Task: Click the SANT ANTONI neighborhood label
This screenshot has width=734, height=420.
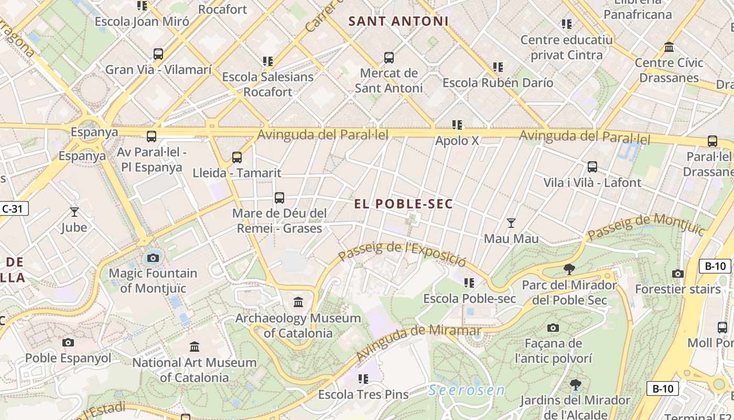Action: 398,22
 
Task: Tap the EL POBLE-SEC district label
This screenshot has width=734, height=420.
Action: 403,204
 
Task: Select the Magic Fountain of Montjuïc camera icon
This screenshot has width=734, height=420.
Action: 153,258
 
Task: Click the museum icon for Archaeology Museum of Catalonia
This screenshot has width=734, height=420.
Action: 298,302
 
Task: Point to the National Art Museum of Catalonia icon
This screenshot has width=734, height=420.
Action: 195,346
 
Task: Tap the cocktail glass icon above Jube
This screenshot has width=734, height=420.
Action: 74,212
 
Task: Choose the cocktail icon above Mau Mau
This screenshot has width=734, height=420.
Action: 511,223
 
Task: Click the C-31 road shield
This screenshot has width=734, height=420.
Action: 13,208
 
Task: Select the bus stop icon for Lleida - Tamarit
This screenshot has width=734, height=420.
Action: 237,157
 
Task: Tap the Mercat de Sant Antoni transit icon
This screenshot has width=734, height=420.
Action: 388,58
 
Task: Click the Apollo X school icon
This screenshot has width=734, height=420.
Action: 457,125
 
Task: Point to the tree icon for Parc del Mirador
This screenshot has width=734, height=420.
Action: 569,270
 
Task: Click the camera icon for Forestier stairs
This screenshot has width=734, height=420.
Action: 677,274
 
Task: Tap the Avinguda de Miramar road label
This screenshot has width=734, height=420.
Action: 418,341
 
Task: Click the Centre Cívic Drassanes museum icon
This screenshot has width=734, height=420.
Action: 669,47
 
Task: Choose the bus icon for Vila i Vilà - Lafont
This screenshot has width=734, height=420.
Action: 592,167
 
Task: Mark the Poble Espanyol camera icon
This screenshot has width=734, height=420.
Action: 68,343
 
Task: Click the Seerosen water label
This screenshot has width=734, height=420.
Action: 466,390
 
